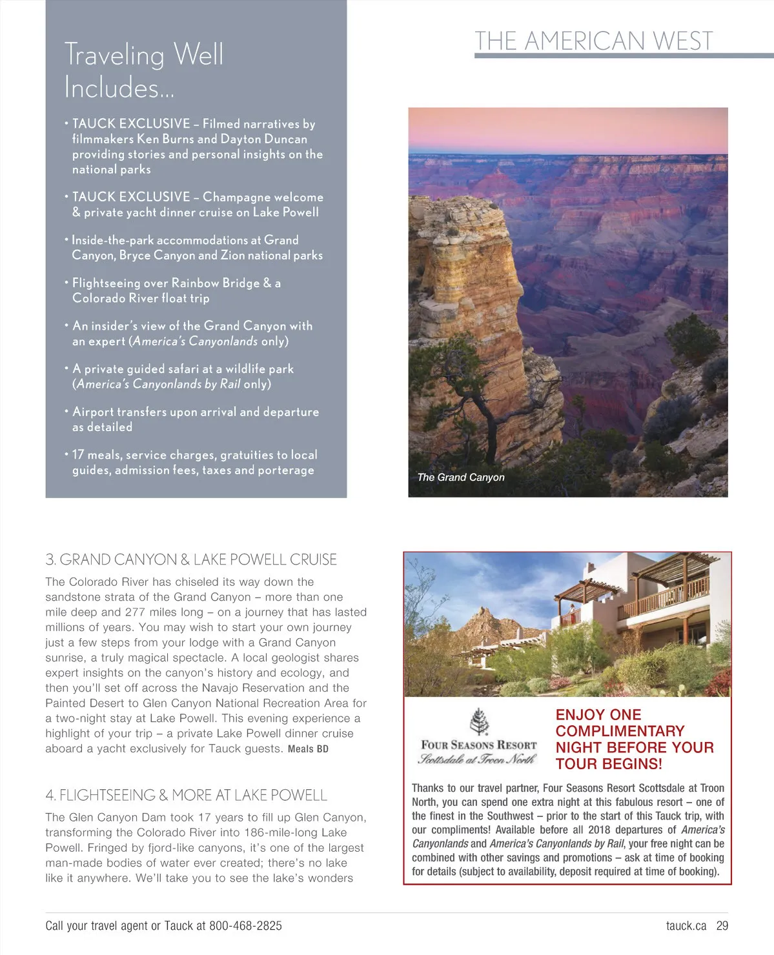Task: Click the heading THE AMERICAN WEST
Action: tap(594, 41)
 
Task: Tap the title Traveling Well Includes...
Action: tap(144, 70)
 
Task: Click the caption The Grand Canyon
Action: tap(461, 477)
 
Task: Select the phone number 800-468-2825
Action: tap(245, 926)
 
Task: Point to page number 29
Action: tap(722, 926)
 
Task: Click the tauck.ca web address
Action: tap(686, 926)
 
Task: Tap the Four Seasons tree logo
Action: tap(479, 721)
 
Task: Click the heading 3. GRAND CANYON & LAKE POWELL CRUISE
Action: tap(191, 559)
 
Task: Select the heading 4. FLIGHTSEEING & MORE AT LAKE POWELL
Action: tap(186, 795)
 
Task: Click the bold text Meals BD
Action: tap(308, 749)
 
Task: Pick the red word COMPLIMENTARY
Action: tap(620, 731)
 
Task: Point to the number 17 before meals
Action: tap(78, 455)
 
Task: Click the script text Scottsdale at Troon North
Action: tap(477, 759)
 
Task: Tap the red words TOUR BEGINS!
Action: tap(609, 764)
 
